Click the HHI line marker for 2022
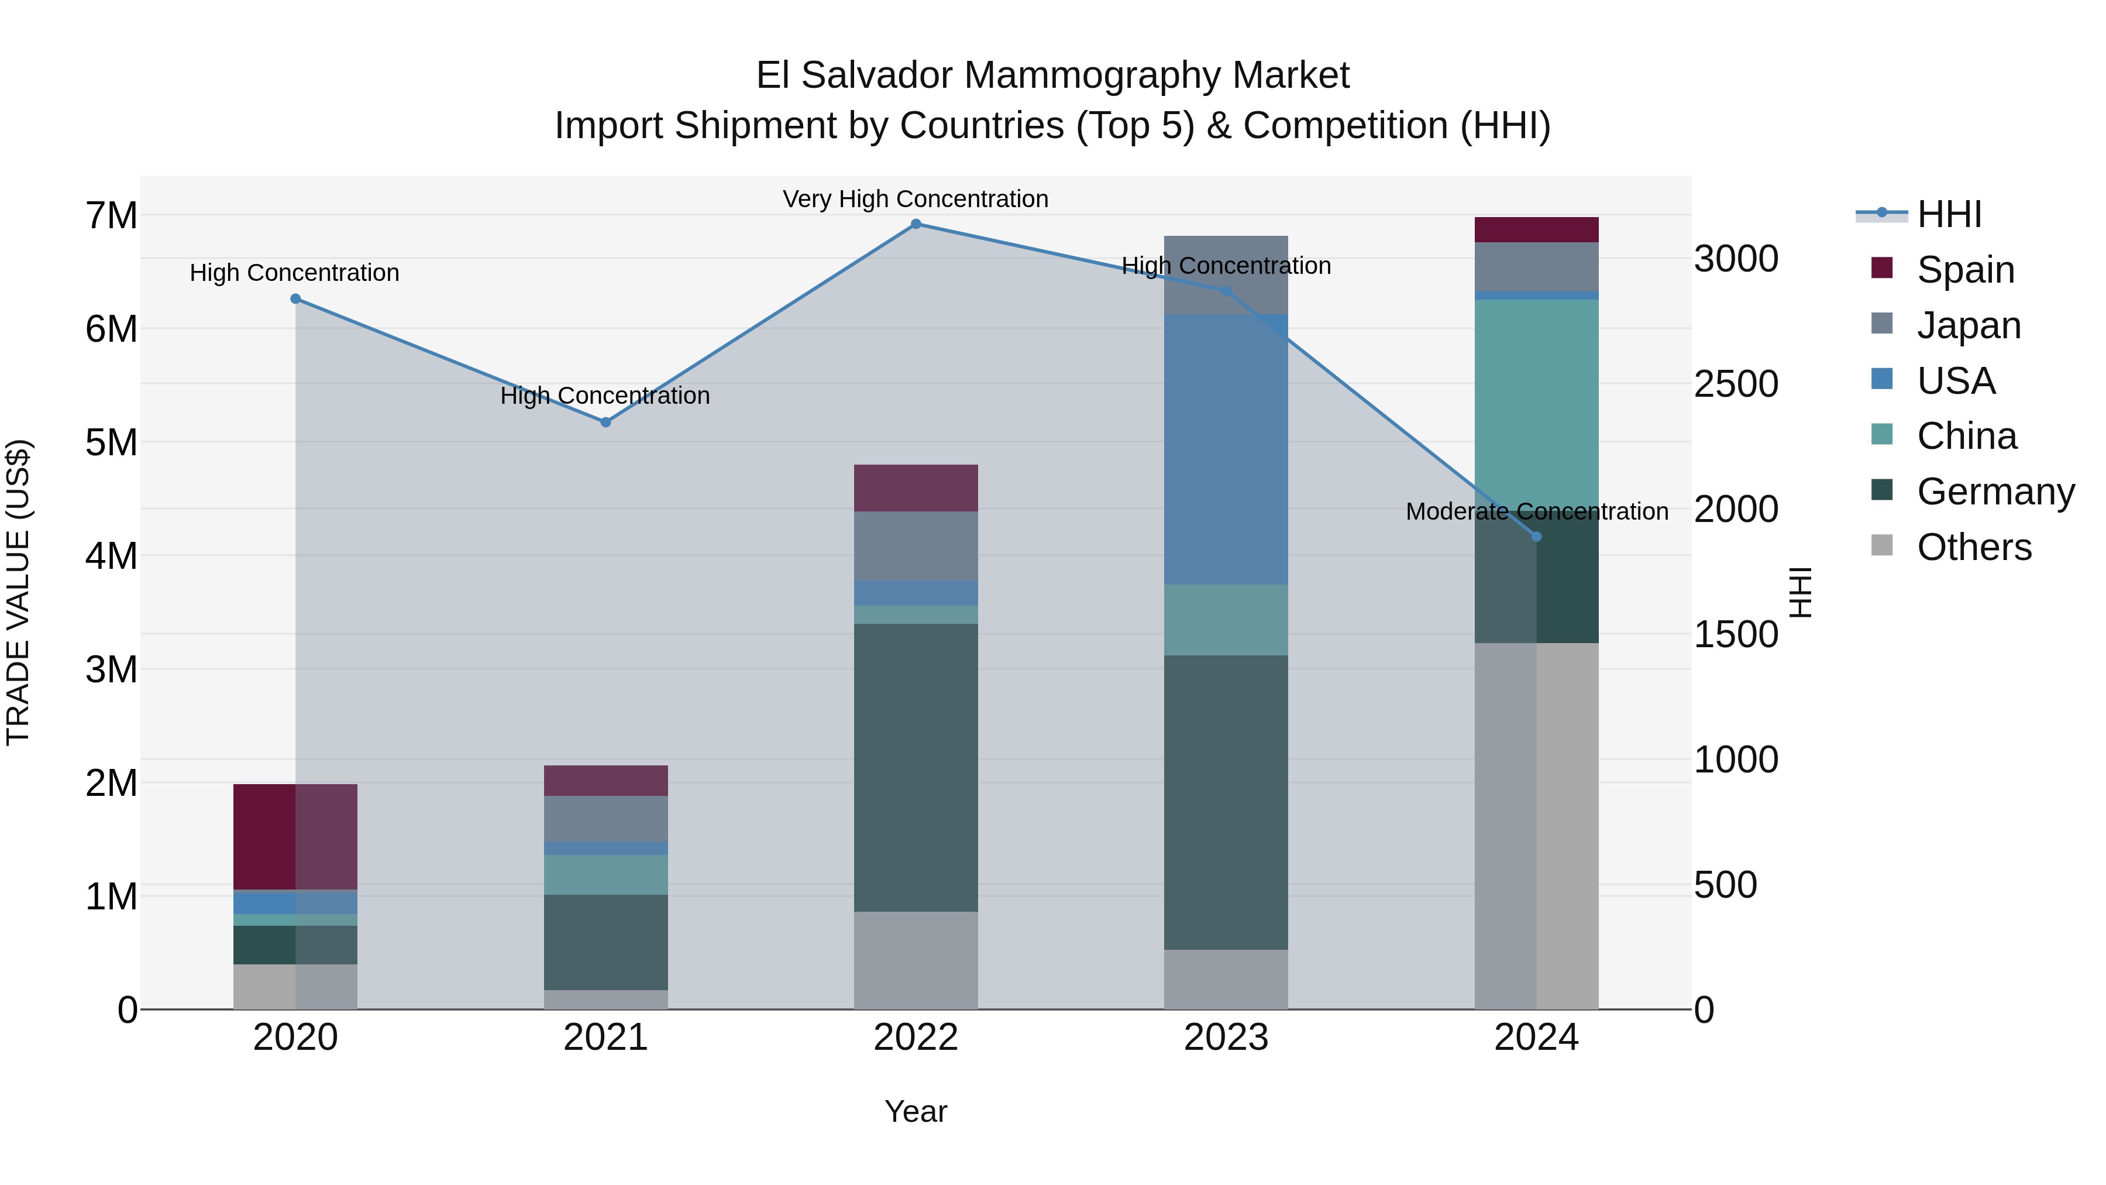916,224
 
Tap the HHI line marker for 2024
1536,537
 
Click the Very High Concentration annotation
916,199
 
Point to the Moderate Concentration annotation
1537,511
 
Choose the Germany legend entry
1995,492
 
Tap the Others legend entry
1974,547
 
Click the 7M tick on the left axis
111,216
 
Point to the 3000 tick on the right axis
1736,259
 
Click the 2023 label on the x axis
1226,1038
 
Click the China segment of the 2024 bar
1536,393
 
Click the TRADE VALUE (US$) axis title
18,592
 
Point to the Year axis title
916,1111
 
